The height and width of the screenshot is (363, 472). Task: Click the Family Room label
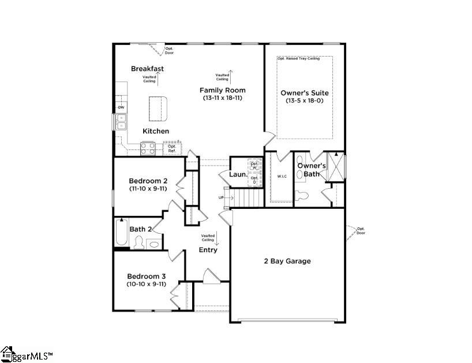coord(222,90)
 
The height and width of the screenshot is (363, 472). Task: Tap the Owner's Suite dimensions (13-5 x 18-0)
coord(304,100)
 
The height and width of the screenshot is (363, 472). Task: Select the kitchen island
coord(158,107)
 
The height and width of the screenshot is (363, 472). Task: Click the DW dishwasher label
coord(121,108)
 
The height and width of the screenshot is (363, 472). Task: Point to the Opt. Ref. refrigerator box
coord(172,148)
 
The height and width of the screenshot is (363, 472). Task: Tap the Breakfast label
coord(147,69)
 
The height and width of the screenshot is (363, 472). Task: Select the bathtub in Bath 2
coord(121,233)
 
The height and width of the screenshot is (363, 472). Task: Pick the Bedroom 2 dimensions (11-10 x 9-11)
coord(148,188)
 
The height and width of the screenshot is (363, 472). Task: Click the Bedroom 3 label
coord(147,276)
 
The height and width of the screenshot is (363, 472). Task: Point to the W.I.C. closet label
coord(282,177)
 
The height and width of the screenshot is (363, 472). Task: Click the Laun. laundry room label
coord(237,174)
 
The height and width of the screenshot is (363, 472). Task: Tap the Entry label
coord(208,250)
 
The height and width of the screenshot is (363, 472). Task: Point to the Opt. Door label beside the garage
coord(361,230)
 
